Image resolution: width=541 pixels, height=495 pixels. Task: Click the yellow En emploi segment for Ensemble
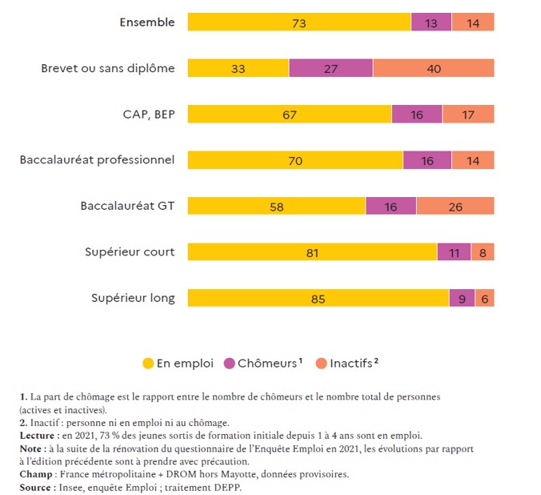click(x=299, y=22)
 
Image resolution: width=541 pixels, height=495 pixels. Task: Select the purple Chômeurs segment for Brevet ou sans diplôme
click(x=331, y=68)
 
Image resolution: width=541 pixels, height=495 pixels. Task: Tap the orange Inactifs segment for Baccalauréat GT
click(x=455, y=206)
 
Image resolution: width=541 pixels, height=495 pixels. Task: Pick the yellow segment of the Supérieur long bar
click(x=318, y=298)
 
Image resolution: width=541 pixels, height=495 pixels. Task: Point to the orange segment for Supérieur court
click(x=483, y=252)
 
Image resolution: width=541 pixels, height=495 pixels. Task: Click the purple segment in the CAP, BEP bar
click(x=416, y=115)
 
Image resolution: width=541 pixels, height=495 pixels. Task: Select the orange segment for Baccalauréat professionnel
click(x=472, y=160)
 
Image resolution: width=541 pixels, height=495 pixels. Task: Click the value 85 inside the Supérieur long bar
click(x=318, y=299)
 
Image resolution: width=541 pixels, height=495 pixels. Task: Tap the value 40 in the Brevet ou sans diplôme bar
click(x=433, y=69)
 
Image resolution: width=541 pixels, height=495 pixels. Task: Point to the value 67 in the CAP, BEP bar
click(x=290, y=115)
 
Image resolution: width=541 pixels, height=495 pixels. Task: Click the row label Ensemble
click(x=146, y=22)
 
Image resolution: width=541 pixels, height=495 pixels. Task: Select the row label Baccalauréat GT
click(x=127, y=206)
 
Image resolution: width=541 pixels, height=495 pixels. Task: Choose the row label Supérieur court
click(x=130, y=252)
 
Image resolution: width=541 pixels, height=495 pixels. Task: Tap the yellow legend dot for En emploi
click(x=148, y=364)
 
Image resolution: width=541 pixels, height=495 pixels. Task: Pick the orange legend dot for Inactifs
click(x=321, y=364)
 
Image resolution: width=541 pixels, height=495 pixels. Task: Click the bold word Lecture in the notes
click(x=38, y=435)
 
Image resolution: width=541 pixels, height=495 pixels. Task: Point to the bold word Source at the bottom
click(x=37, y=486)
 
